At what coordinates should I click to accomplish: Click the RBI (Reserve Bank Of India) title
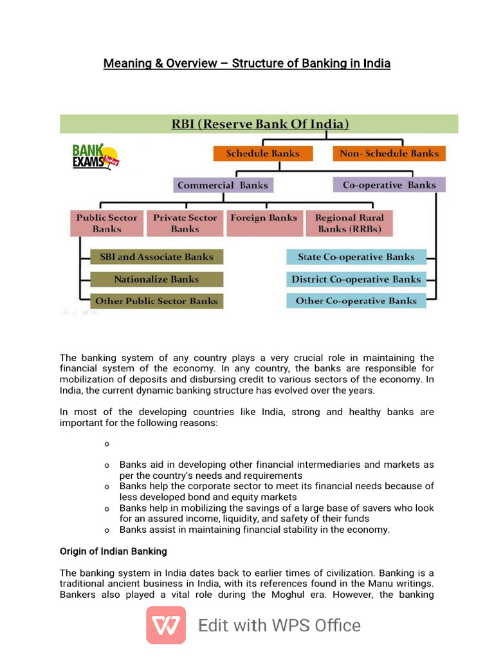click(260, 124)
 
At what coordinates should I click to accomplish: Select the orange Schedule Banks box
click(263, 154)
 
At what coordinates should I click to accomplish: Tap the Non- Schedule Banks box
click(389, 154)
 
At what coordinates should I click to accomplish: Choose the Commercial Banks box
click(223, 185)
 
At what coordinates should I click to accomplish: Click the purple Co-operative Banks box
click(389, 185)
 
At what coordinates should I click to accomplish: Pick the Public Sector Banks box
click(107, 223)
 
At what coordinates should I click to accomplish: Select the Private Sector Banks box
click(185, 223)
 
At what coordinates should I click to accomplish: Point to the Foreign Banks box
click(264, 218)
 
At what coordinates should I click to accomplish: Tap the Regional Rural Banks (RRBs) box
click(349, 223)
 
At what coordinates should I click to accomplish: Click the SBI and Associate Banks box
click(156, 257)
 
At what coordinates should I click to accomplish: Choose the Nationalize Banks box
click(156, 279)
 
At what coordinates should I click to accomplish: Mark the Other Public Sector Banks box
click(156, 301)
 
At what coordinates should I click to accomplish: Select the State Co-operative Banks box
click(356, 257)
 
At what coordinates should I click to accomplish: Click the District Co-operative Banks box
click(356, 279)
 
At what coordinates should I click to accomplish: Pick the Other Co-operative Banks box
click(356, 301)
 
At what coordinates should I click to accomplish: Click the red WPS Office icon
click(166, 625)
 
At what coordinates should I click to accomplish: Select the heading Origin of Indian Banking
click(113, 552)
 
